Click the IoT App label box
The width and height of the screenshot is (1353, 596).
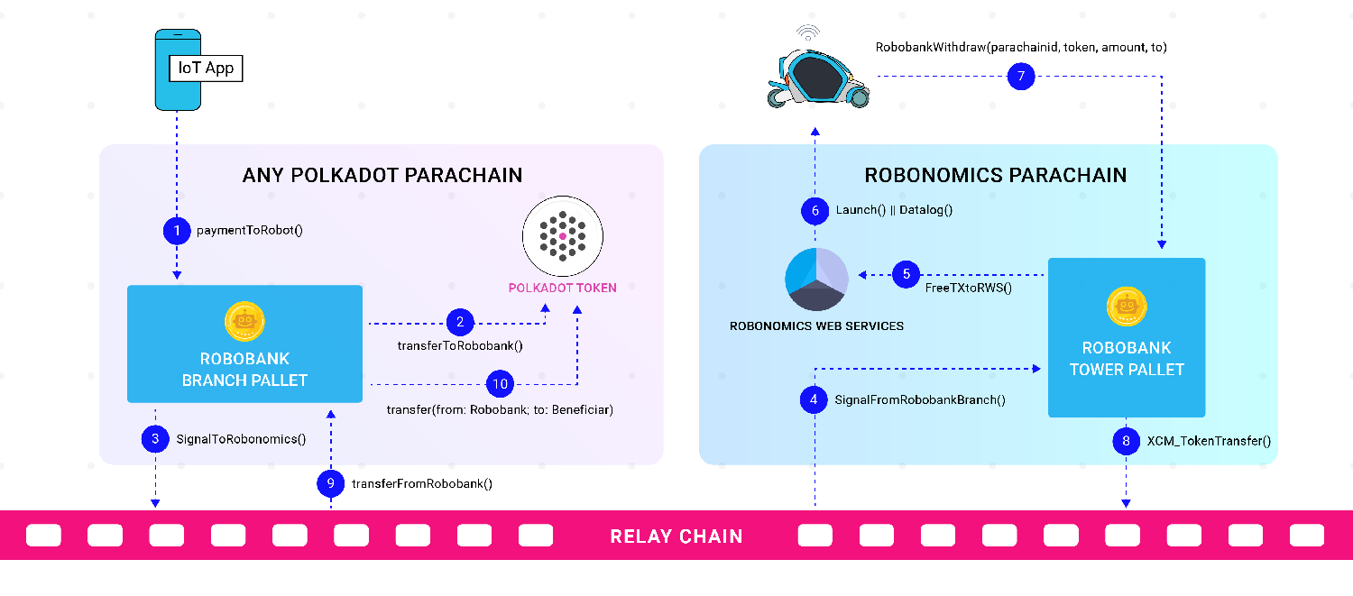[x=207, y=68]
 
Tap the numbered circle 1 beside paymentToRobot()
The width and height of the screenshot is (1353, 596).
[x=177, y=230]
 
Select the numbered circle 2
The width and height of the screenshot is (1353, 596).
[x=460, y=321]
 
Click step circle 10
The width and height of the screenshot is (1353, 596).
[x=500, y=384]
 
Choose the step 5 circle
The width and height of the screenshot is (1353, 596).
[x=907, y=274]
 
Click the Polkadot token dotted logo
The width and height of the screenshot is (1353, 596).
[x=562, y=235]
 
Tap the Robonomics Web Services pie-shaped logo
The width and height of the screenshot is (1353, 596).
[x=816, y=279]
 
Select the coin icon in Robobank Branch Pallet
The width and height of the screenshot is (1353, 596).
[x=244, y=321]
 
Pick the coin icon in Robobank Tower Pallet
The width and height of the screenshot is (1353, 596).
[x=1126, y=307]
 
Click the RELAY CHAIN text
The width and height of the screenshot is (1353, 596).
[x=676, y=536]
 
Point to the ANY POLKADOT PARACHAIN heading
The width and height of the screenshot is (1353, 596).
[x=382, y=175]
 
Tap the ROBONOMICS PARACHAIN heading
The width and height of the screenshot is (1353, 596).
[x=995, y=175]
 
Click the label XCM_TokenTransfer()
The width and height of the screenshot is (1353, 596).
[x=1208, y=442]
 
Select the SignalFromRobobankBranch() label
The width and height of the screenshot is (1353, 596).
[x=919, y=399]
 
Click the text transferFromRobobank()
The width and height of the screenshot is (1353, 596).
[x=421, y=483]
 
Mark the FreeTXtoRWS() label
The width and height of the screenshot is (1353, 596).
[x=969, y=289]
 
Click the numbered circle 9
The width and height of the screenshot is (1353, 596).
[x=331, y=483]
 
